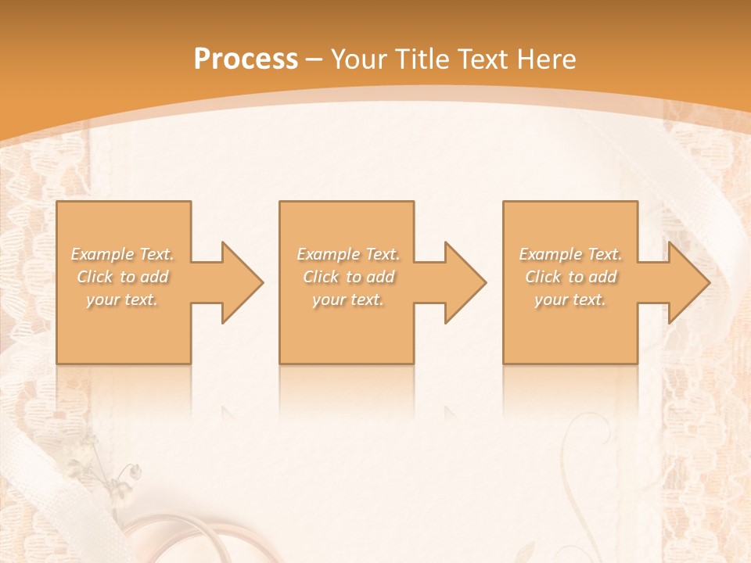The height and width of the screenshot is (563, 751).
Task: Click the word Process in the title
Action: coord(246,59)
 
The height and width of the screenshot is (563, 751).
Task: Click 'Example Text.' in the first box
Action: coord(123,254)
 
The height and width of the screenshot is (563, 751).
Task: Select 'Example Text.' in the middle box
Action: coord(348,254)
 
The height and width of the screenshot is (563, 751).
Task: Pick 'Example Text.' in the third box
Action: coord(570,254)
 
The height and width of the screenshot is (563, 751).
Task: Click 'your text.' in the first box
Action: coord(123,299)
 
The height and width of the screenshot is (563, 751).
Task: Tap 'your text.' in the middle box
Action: coord(348,299)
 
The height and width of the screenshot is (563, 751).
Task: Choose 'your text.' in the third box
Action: coord(570,299)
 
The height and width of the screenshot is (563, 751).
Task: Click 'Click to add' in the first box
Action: coord(123,277)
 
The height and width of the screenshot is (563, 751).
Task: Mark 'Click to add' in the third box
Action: coord(570,277)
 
